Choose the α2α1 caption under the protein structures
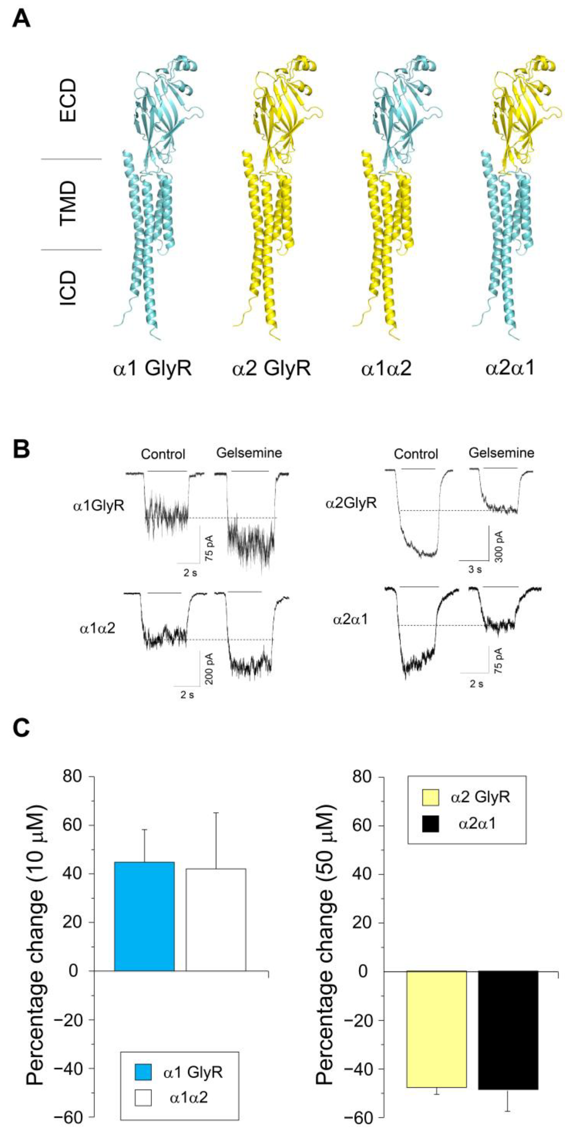[x=510, y=367]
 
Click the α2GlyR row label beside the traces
[x=351, y=503]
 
